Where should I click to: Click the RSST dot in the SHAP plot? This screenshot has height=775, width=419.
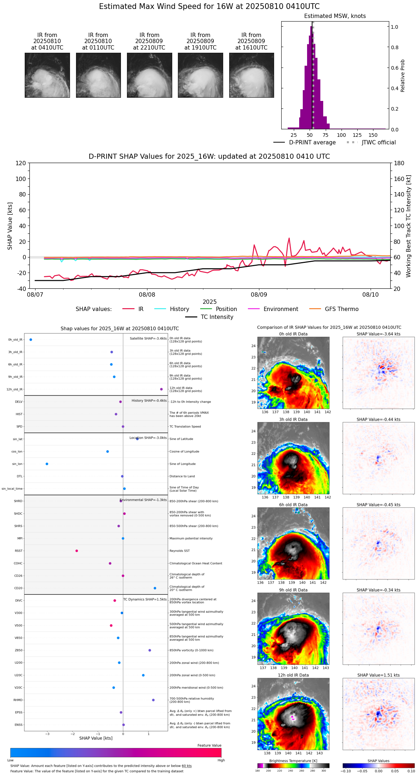point(76,551)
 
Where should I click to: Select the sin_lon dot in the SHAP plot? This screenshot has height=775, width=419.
point(47,464)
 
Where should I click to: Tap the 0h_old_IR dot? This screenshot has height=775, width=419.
point(31,339)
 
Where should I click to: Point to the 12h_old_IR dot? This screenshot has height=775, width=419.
point(161,389)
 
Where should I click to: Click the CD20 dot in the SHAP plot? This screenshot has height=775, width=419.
point(155,588)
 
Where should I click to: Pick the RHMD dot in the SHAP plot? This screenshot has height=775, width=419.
point(153,700)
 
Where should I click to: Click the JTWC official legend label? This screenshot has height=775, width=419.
point(378,142)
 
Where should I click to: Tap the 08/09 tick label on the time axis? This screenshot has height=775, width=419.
point(259,294)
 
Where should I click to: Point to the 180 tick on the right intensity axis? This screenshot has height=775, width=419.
point(399,163)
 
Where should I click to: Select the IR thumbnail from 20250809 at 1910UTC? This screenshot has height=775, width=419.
point(201,75)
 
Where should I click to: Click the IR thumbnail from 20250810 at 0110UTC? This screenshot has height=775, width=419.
point(98,75)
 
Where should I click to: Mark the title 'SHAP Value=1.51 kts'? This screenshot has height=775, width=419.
point(378,675)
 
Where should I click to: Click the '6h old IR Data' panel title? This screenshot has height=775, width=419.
point(293,505)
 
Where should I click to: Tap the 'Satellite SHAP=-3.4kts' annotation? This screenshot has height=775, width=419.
point(148,338)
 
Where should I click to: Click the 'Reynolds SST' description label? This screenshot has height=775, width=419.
point(179,551)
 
